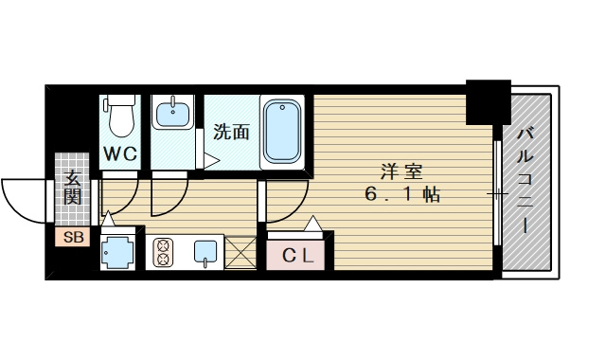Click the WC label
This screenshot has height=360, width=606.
pos(120,153)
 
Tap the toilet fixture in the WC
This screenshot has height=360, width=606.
pos(120,116)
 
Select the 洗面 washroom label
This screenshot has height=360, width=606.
pos(231,133)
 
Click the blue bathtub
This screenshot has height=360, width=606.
pos(281,131)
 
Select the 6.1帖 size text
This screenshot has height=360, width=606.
pos(401,195)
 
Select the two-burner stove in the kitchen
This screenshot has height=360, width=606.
pos(163,252)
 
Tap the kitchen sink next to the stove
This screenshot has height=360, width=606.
pos(205,252)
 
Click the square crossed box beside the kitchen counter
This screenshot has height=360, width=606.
pos(241,252)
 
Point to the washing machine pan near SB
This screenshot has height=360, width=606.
pos(119,252)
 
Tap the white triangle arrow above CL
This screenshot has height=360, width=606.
pos(312,225)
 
